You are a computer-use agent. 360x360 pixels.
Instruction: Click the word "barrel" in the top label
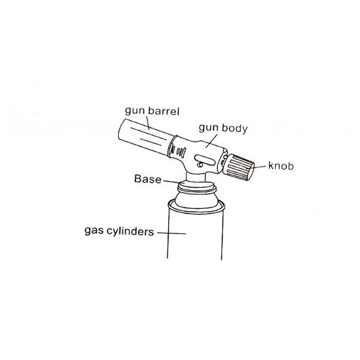tap(164, 111)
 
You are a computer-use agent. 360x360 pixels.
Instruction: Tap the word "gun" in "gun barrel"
tap(135, 111)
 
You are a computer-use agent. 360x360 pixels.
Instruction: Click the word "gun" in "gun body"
tap(208, 129)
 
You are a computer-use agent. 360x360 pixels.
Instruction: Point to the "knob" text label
tap(281, 166)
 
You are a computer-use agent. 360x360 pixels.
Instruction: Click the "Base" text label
tap(148, 179)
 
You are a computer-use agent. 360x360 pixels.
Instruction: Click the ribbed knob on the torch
tap(239, 167)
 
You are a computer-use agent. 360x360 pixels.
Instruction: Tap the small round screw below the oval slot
tap(200, 165)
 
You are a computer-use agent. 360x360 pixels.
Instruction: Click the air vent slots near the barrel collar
tap(179, 151)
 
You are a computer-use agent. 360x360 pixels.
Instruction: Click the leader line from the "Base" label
tap(174, 182)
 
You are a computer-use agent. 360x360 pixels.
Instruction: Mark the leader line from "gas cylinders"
tap(172, 233)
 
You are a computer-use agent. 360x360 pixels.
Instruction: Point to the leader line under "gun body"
tap(212, 141)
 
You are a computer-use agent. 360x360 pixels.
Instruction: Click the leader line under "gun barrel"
tap(148, 123)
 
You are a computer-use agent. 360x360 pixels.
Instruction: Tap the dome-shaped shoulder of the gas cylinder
tap(196, 200)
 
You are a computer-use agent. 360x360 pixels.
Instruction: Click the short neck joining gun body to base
tap(196, 177)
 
